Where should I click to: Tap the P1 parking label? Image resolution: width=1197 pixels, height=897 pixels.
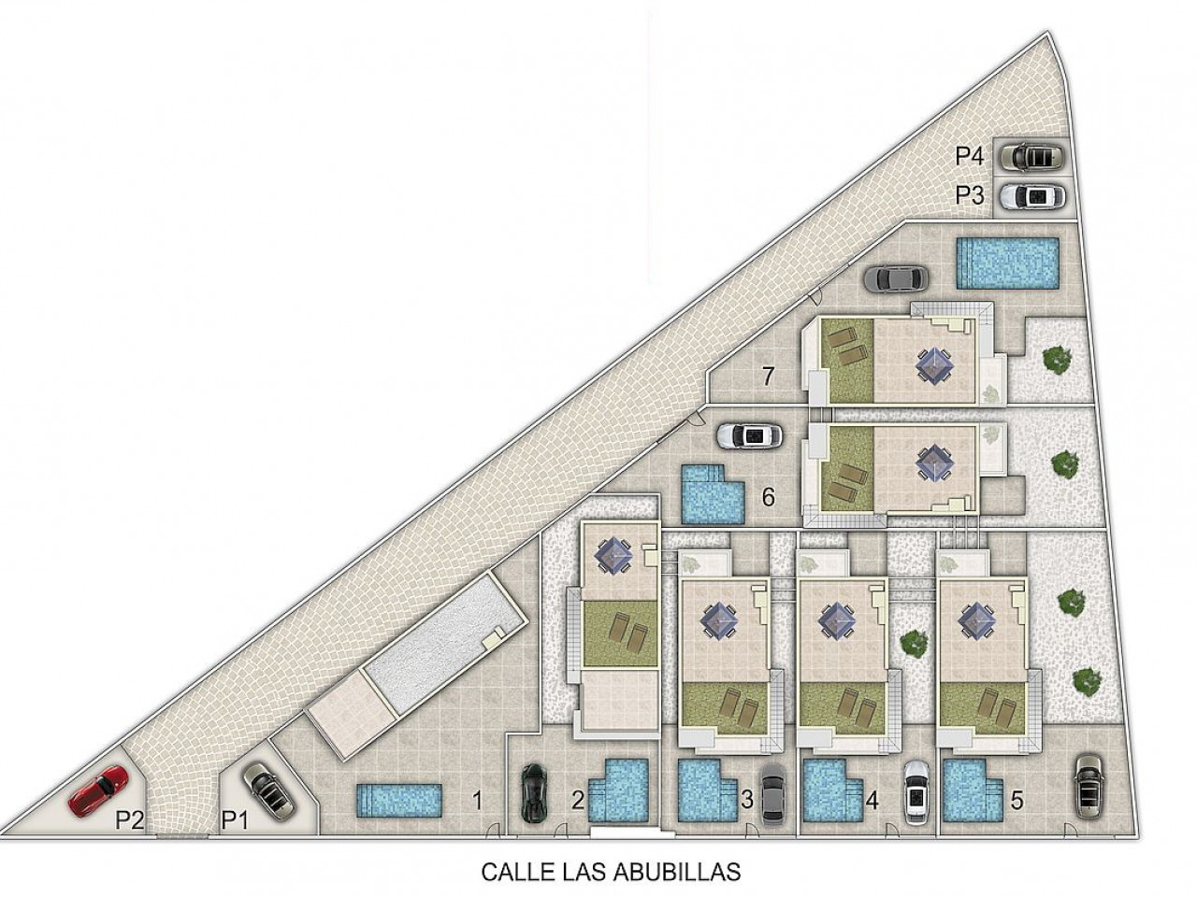pyautogui.click(x=235, y=819)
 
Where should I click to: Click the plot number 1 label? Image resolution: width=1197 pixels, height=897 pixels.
pyautogui.click(x=477, y=801)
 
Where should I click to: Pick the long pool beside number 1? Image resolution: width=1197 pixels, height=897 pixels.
pyautogui.click(x=397, y=801)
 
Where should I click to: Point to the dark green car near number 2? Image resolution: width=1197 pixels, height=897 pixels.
pyautogui.click(x=534, y=792)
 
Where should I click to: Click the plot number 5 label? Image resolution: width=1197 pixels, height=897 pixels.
pyautogui.click(x=1016, y=801)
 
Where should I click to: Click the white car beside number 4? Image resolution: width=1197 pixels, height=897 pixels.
pyautogui.click(x=916, y=792)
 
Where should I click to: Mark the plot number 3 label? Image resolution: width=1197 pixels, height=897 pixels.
pyautogui.click(x=746, y=800)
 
